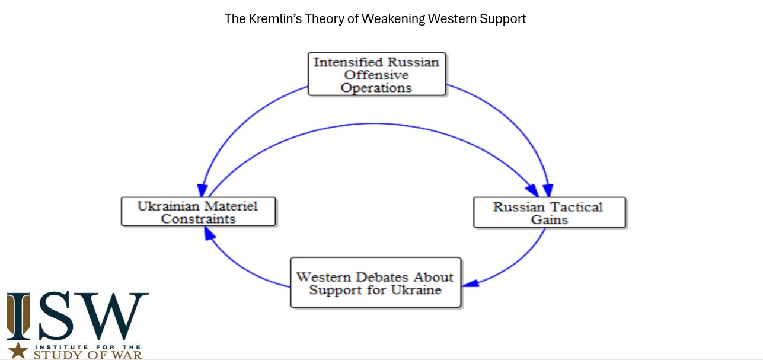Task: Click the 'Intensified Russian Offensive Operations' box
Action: (x=376, y=74)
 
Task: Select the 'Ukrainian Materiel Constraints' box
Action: (x=199, y=211)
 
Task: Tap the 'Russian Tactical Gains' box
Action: (x=550, y=212)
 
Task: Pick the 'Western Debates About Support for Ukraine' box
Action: (x=376, y=283)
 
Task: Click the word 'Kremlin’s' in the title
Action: (x=275, y=19)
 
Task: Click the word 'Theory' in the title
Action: (x=325, y=19)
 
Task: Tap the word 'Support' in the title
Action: (x=503, y=20)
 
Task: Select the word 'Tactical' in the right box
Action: (x=576, y=207)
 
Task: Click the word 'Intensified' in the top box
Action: (x=348, y=62)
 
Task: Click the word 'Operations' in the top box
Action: (x=376, y=88)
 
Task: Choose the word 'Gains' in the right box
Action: (x=549, y=219)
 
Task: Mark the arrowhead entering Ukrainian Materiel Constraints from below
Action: (x=209, y=233)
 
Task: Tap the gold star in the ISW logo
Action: (x=18, y=350)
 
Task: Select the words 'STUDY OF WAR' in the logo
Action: (x=88, y=355)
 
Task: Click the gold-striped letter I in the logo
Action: (x=18, y=316)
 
